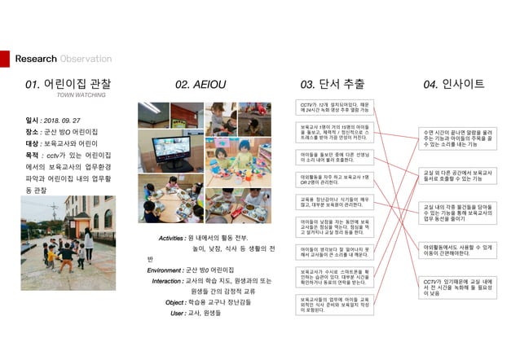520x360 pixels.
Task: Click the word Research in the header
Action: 36,59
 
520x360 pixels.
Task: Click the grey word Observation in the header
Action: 86,59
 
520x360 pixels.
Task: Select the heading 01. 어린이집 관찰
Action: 68,83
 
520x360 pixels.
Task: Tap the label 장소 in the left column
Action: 33,130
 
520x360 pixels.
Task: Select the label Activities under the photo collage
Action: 170,236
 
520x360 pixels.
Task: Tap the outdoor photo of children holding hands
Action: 68,235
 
